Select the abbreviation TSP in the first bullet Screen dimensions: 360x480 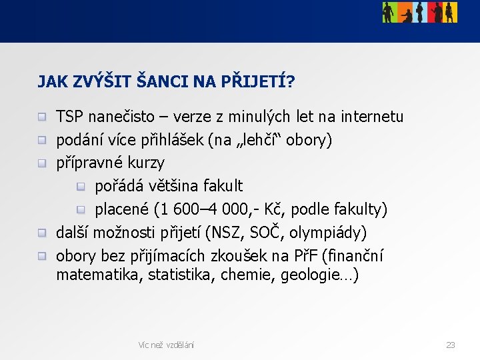click(x=69, y=117)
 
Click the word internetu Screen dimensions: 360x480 click(x=373, y=117)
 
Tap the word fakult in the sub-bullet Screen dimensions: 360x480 click(x=221, y=186)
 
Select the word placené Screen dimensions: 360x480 click(x=121, y=209)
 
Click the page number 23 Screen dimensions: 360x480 click(x=451, y=345)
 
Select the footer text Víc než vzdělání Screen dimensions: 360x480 click(x=166, y=345)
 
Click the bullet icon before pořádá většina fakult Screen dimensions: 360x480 click(x=81, y=187)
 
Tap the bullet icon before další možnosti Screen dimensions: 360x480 click(x=42, y=233)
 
